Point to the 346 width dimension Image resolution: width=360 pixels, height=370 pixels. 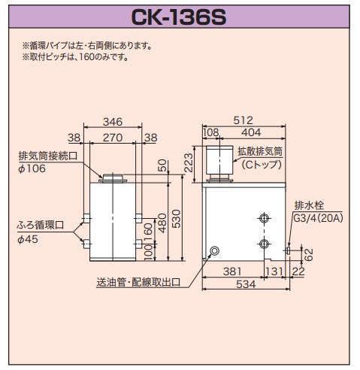tap(113, 121)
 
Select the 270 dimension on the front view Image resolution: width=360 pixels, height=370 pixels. tap(113, 138)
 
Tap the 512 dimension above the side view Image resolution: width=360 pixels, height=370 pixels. tap(243, 120)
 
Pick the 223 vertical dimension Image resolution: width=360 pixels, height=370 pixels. tap(189, 160)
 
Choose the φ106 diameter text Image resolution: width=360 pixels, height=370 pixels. tap(31, 168)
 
